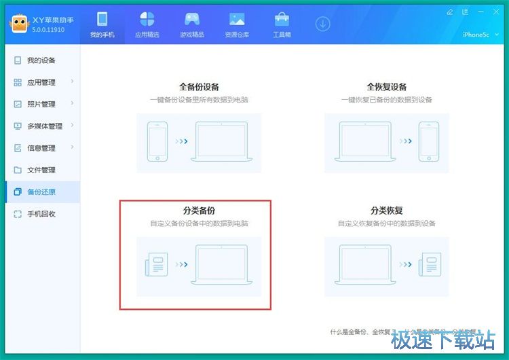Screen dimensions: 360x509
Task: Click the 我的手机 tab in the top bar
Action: coord(102,24)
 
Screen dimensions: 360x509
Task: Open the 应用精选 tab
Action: coord(147,24)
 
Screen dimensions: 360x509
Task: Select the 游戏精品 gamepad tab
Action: coord(192,24)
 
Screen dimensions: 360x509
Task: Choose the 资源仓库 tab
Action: coord(237,24)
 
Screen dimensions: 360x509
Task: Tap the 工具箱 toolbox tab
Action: coord(282,24)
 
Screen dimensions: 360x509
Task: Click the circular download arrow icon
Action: coord(322,24)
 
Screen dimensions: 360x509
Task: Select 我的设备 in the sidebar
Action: coord(41,60)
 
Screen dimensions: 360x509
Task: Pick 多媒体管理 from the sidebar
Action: coord(44,126)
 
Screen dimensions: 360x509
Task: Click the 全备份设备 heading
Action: coord(199,88)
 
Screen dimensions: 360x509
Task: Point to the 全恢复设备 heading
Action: coord(387,88)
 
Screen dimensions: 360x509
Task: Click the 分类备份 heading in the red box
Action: coord(199,211)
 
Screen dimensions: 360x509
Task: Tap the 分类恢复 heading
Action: coord(387,211)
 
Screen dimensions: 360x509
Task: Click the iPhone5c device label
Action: coord(476,35)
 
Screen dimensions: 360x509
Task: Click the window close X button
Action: coord(499,12)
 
